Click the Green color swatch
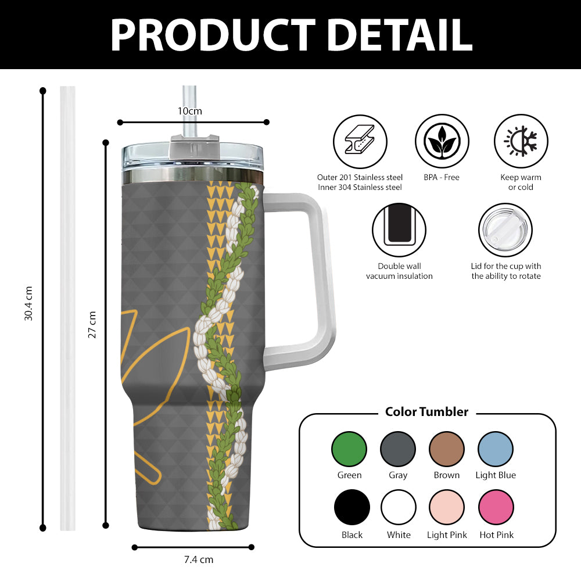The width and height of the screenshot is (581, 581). pos(349,449)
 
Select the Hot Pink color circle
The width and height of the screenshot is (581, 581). pos(496,507)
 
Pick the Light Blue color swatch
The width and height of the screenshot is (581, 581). pos(496,449)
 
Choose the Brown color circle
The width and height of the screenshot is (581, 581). pos(447,449)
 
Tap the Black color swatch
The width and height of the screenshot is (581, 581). pos(352,507)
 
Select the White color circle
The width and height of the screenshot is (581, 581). pos(399,507)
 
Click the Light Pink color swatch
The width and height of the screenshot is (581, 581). pos(447,507)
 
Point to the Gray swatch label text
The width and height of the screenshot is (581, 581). pos(398,475)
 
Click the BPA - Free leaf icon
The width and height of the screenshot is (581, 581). pos(442,141)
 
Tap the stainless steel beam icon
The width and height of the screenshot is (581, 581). pos(360,141)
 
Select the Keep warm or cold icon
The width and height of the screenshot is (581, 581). pos(521,141)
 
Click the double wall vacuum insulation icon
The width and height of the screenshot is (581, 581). pos(399,230)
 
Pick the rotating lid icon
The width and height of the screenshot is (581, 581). pos(505,230)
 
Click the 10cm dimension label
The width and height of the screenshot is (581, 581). pos(190,111)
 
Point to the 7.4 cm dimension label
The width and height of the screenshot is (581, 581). pos(199,560)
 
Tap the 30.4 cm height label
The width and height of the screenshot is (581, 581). pos(28,303)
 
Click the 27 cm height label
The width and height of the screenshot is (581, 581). pos(92,325)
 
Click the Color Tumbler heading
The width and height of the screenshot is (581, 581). pos(426,412)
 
